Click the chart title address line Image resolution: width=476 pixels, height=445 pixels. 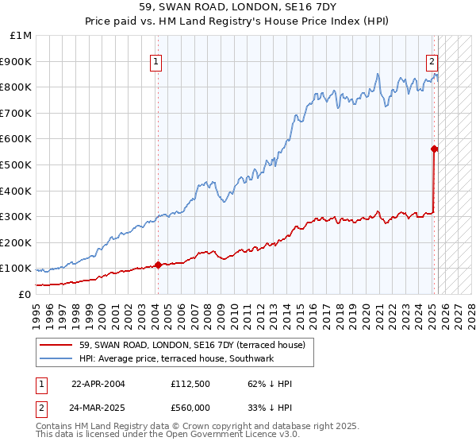click(238, 9)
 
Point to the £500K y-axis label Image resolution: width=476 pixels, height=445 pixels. click(16, 164)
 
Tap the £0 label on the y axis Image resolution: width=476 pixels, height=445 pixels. click(25, 294)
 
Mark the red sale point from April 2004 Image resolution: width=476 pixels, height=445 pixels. click(158, 265)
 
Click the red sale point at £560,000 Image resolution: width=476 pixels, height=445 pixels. click(435, 149)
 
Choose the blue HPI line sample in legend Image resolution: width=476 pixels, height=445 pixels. click(56, 358)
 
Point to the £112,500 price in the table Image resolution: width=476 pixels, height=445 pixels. click(190, 384)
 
